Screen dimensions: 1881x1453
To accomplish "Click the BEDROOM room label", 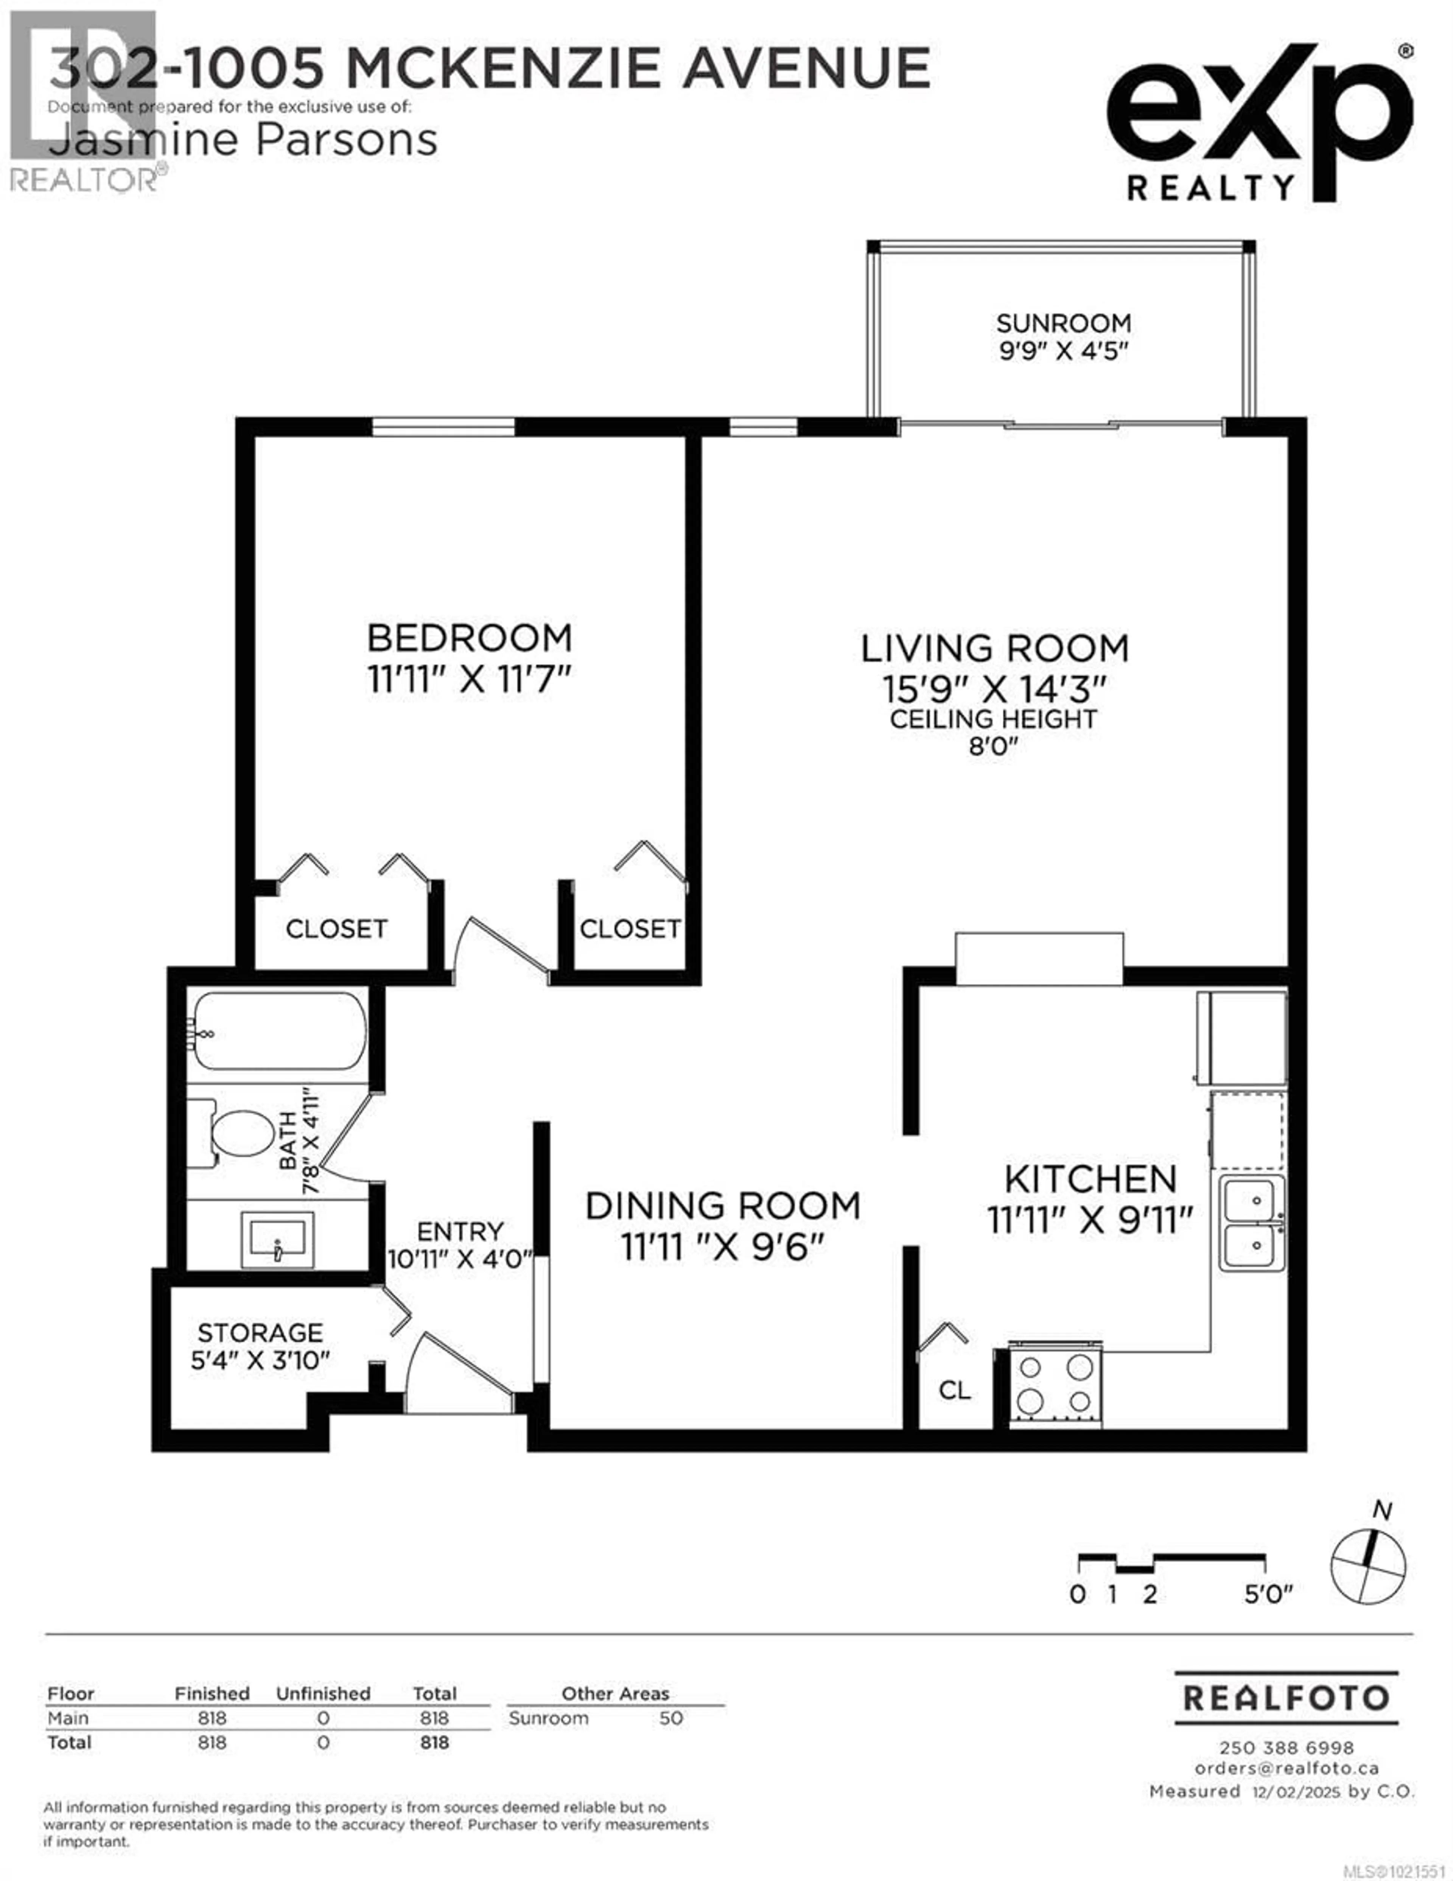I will click(470, 638).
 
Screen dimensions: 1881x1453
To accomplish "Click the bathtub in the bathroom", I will click(277, 1031).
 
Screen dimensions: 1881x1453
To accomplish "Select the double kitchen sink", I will click(1251, 1223).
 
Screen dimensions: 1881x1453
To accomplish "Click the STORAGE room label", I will click(260, 1332).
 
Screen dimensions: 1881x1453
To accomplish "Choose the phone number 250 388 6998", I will click(1286, 1747).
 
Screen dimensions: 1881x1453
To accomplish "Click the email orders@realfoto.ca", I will click(1286, 1768).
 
